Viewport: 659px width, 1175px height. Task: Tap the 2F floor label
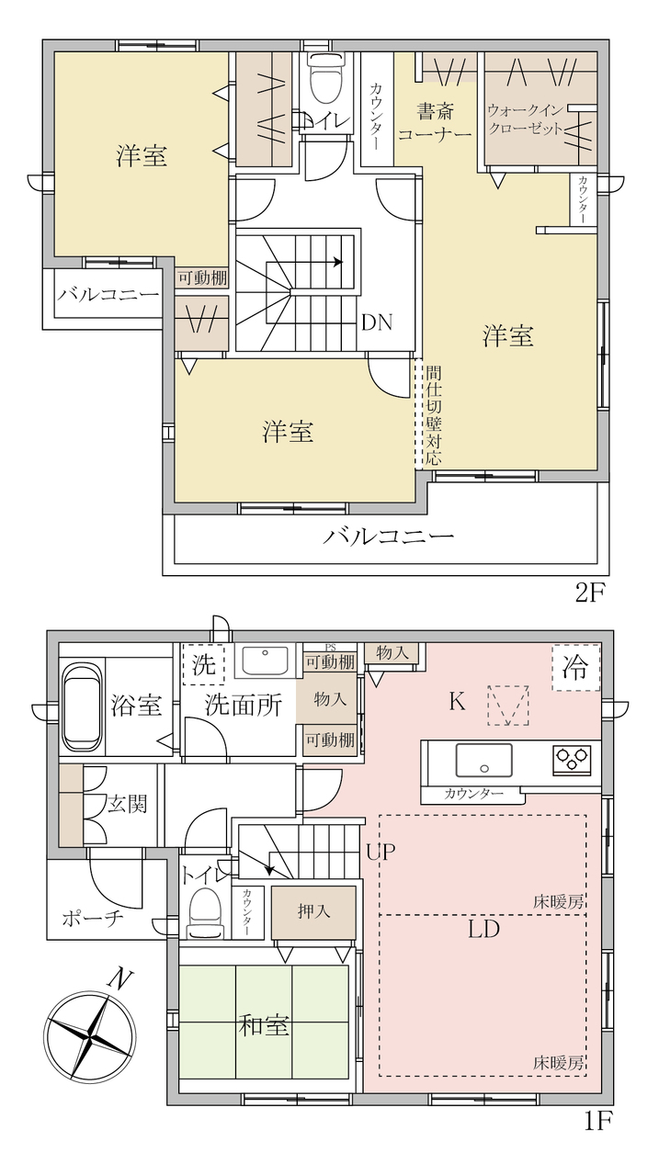point(590,593)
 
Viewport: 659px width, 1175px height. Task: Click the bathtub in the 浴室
point(82,706)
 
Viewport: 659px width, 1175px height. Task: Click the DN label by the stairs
point(377,322)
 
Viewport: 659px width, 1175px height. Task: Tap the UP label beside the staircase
point(381,852)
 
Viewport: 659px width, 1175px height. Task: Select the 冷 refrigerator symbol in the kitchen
point(575,667)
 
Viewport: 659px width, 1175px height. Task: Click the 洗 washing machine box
point(203,664)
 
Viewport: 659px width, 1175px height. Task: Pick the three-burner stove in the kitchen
point(572,757)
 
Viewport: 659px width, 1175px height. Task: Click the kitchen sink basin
point(483,760)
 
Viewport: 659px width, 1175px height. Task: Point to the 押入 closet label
point(313,911)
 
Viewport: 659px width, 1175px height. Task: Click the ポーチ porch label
point(93,919)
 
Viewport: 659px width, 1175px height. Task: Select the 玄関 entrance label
point(128,803)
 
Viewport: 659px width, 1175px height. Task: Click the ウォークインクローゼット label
point(525,119)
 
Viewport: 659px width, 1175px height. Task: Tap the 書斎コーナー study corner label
point(435,121)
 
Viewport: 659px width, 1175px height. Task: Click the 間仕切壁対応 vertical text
point(434,416)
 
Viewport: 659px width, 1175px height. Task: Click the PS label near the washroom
point(330,648)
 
